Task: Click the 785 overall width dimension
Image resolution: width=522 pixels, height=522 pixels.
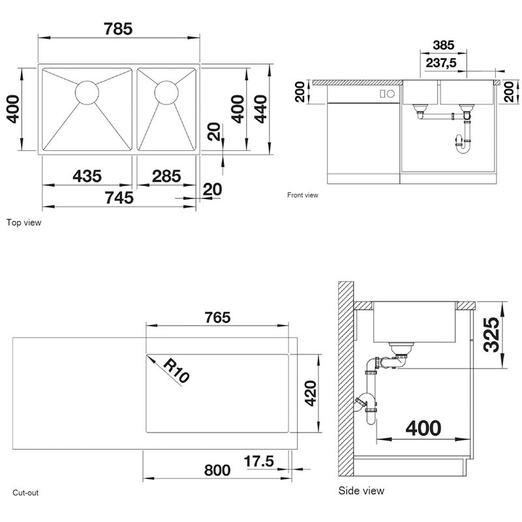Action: (118, 29)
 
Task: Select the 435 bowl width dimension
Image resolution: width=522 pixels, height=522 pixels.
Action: (87, 176)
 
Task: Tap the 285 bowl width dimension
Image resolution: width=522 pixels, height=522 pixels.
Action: (166, 176)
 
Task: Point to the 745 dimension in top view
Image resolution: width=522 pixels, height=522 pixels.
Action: (119, 198)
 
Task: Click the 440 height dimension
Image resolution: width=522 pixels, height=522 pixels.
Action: (260, 109)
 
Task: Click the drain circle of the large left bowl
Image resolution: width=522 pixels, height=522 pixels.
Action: (87, 92)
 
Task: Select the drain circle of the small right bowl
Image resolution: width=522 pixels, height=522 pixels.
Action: (166, 92)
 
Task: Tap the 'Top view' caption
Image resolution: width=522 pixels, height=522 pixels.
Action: (23, 223)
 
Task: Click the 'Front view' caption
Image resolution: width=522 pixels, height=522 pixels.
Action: (303, 195)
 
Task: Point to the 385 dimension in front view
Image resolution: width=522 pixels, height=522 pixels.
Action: (444, 45)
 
